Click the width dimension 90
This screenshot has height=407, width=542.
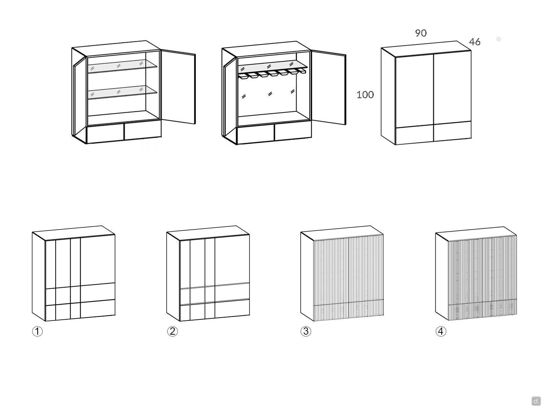point(421,33)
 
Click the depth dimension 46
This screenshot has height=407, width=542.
point(474,42)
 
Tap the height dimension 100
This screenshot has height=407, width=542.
point(365,95)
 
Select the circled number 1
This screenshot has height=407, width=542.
point(37,331)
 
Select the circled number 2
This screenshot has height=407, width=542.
point(172,331)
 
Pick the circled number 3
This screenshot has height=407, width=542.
point(306,331)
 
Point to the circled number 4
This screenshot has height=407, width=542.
point(441,331)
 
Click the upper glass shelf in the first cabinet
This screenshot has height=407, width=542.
point(122,66)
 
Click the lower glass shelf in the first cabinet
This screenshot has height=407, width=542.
point(122,92)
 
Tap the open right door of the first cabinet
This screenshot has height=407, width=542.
point(178,87)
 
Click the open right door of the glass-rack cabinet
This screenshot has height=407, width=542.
point(328,88)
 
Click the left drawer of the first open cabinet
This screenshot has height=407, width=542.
point(106,134)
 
